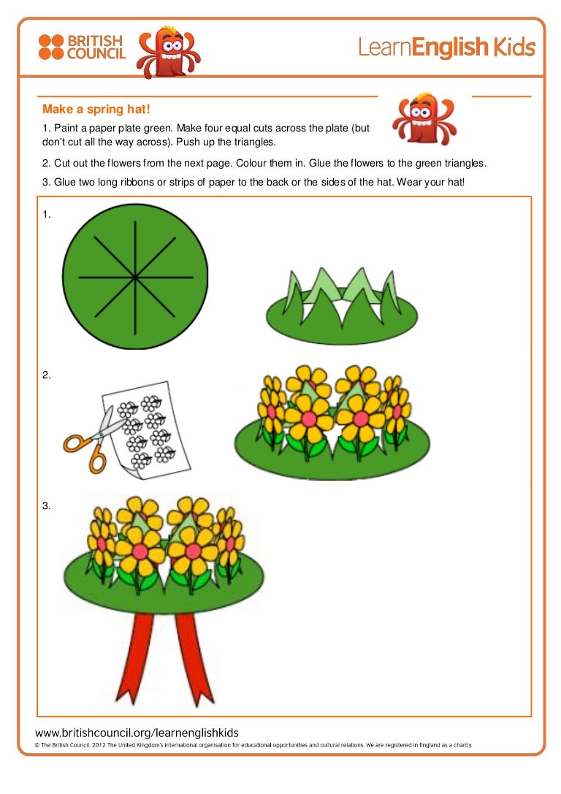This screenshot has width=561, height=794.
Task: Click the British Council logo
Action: coord(82,47)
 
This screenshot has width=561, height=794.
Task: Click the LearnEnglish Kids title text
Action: coord(446,48)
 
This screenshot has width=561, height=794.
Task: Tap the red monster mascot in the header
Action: coord(167,52)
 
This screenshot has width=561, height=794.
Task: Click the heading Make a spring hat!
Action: coord(96,110)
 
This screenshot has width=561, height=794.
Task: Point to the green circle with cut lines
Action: coord(95,307)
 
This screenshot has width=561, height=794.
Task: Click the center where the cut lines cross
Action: coord(136,278)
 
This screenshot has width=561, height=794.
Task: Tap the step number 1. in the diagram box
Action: coord(46,215)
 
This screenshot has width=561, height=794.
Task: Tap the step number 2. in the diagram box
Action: coord(46,375)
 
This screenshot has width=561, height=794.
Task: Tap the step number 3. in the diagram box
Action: coord(46,505)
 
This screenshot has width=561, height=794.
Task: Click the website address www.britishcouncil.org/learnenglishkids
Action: coord(137,733)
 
